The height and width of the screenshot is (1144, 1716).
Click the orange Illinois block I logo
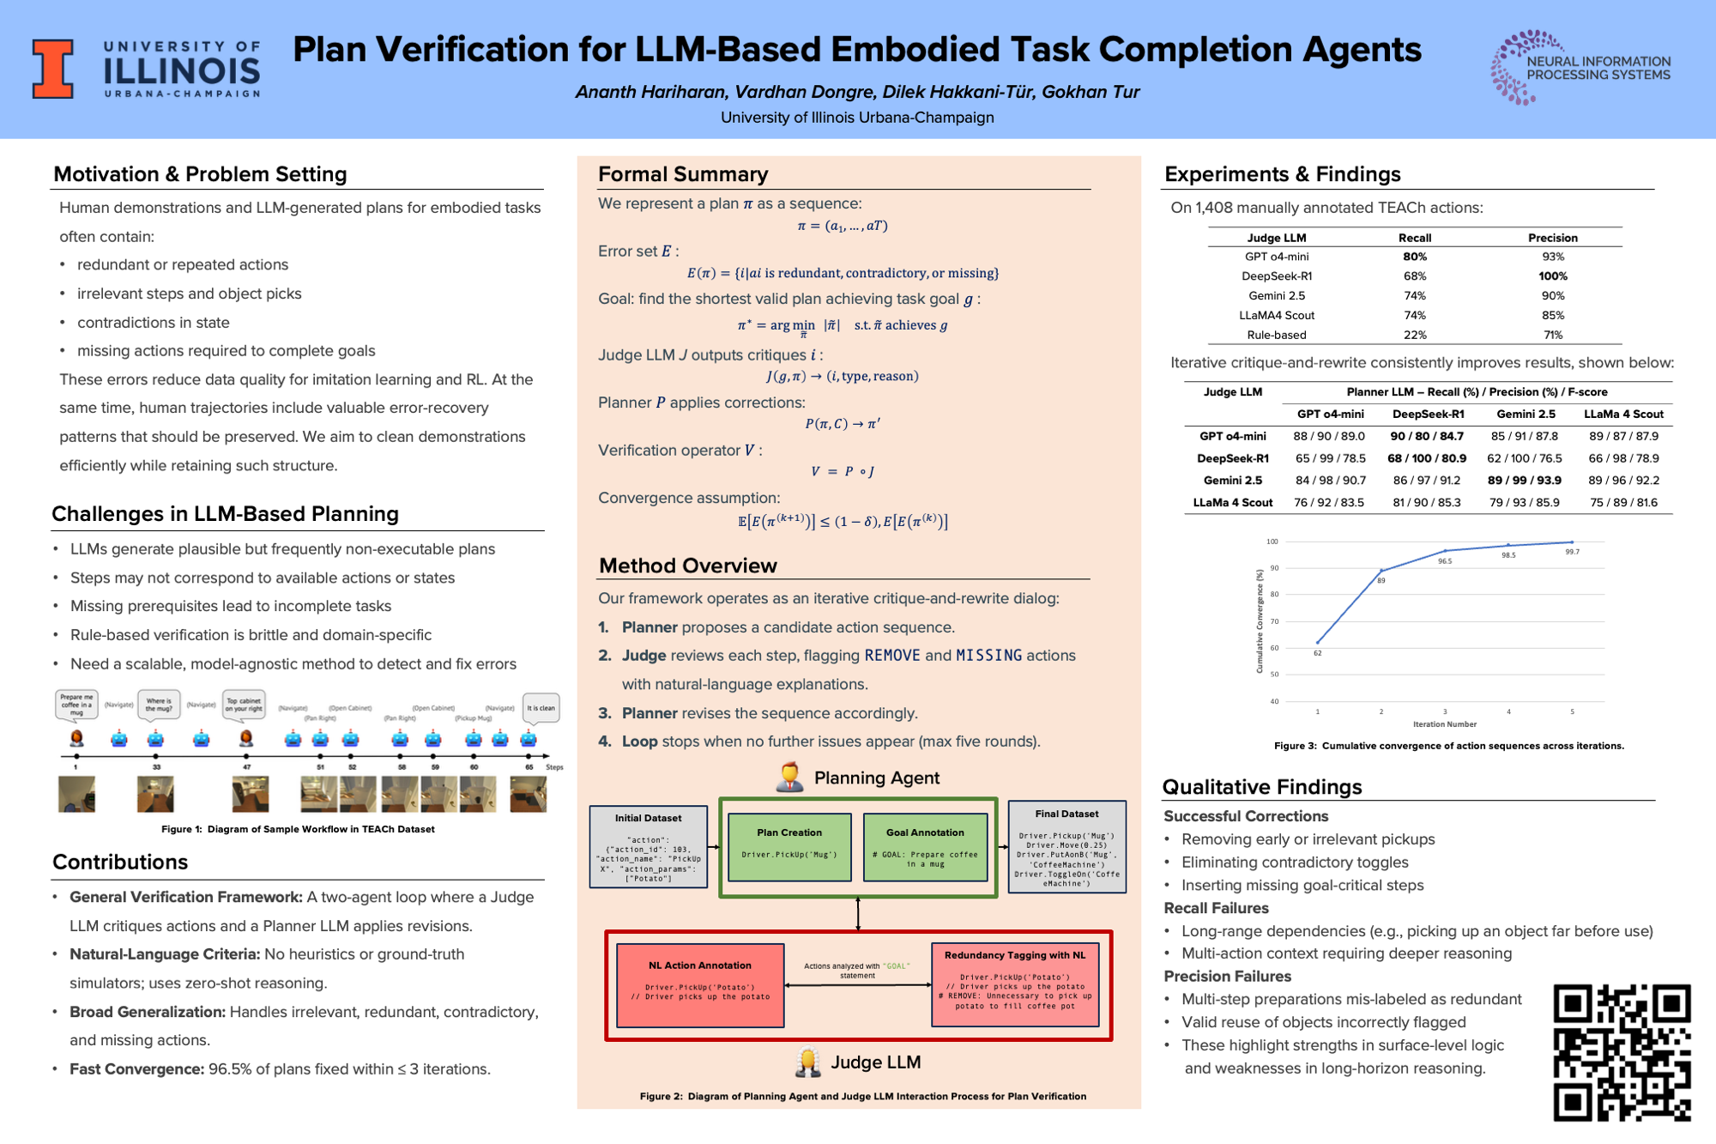52,69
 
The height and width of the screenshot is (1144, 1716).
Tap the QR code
1622,1052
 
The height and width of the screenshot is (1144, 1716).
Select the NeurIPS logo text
1598,68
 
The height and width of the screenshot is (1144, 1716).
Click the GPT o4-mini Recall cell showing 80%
1414,257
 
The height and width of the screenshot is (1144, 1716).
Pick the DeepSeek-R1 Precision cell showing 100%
1552,276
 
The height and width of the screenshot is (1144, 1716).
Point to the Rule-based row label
1276,335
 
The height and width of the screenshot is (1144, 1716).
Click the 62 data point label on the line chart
1317,653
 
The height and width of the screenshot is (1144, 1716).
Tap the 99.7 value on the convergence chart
1572,552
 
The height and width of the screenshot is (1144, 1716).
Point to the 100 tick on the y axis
1272,542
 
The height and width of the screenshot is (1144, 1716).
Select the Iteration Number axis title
1444,724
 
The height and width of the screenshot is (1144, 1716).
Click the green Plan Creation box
789,847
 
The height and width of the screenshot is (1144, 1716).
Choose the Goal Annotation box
925,847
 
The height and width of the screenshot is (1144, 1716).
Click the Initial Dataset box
648,846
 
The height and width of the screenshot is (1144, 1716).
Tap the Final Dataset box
1066,847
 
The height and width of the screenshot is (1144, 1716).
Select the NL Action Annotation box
700,985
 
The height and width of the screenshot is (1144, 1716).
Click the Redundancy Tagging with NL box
1015,984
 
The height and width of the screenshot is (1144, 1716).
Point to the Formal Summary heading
683,174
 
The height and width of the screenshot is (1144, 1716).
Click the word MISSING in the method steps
988,656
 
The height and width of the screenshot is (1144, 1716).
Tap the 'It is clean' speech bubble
541,708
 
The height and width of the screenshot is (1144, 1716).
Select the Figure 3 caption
1448,746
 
